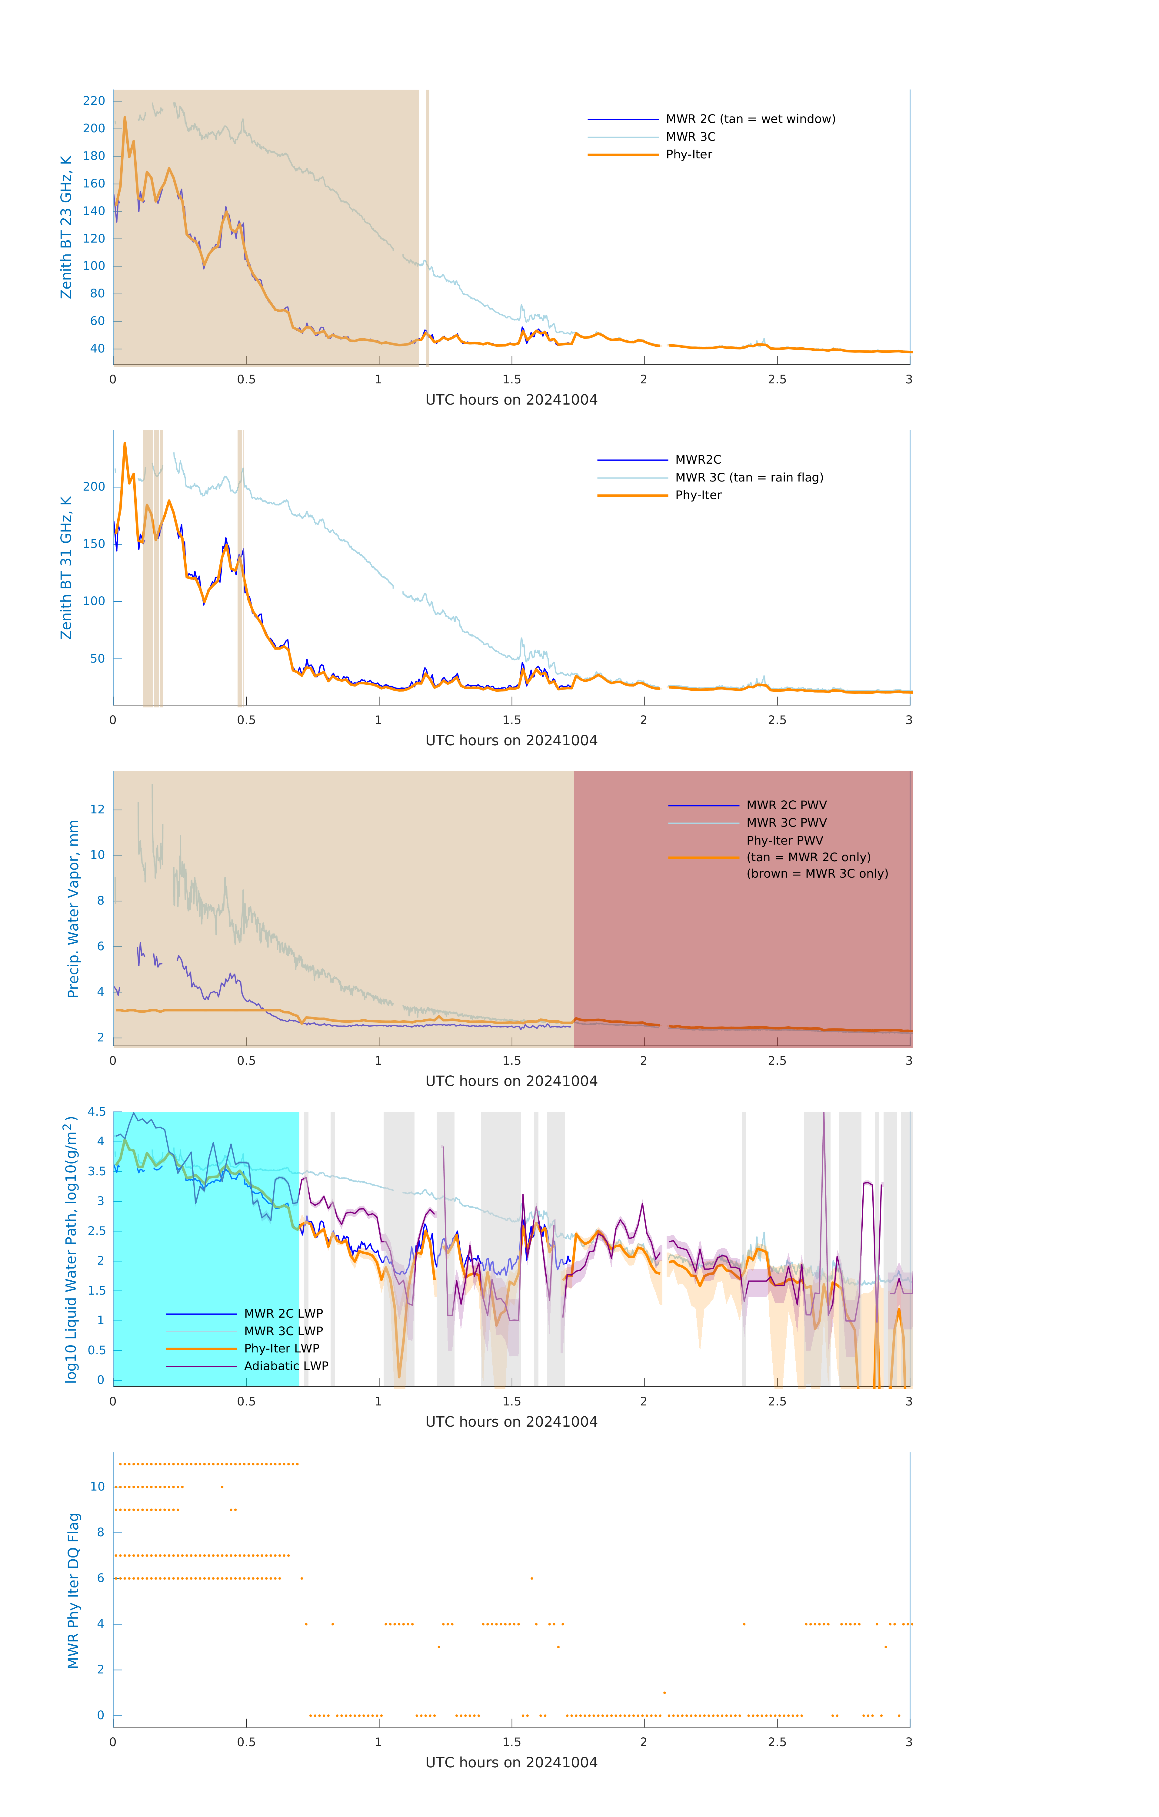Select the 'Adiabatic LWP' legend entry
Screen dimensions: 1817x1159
point(285,1366)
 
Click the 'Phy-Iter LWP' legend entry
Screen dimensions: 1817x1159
point(281,1349)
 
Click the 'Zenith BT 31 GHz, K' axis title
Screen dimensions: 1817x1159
point(66,568)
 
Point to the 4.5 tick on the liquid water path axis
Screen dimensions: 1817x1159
point(97,1111)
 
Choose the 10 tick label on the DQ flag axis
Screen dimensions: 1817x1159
point(97,1487)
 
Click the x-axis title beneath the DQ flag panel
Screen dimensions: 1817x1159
point(511,1763)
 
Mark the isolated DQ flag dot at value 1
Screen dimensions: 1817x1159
point(664,1693)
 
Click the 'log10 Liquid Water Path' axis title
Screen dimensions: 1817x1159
point(70,1249)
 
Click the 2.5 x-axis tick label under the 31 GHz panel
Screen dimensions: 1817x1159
point(777,720)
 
